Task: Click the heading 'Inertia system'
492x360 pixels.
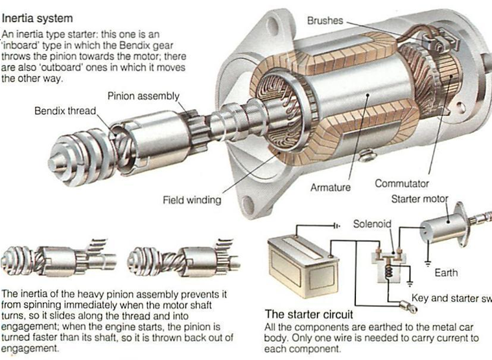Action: click(x=37, y=19)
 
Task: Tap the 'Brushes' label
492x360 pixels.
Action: click(x=325, y=21)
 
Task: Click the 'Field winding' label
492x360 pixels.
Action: click(x=191, y=200)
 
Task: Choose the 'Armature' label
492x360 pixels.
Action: click(x=330, y=187)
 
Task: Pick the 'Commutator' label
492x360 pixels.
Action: click(x=402, y=184)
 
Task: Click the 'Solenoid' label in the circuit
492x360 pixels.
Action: click(x=372, y=224)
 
